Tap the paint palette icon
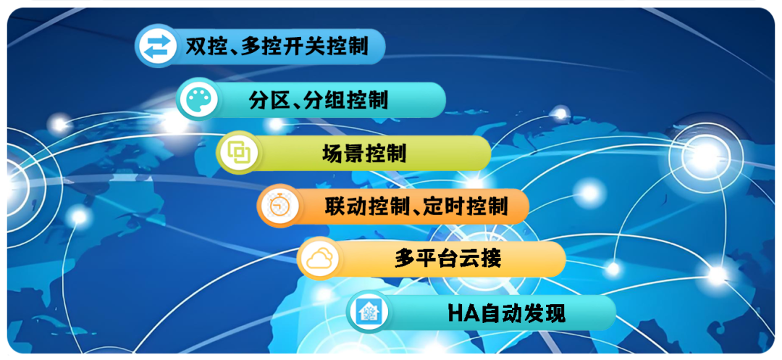(198, 100)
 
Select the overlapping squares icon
(238, 153)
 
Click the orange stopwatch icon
(278, 206)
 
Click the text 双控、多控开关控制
(277, 47)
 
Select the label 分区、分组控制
(318, 100)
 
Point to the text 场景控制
(364, 153)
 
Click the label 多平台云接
(447, 259)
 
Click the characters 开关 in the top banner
(305, 47)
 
